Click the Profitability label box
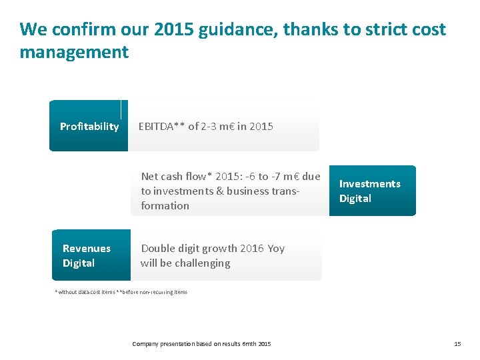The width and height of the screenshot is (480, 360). pos(89,126)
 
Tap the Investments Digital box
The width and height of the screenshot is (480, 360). pos(372,191)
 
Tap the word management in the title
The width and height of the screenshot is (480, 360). pos(74,52)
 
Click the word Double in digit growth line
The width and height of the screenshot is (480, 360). pos(157,249)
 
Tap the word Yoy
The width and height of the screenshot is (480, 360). pos(276,249)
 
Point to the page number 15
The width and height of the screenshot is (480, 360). pos(457,344)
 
